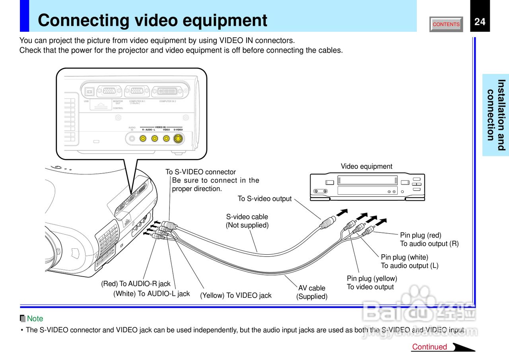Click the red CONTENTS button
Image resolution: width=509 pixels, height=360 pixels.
pos(446,24)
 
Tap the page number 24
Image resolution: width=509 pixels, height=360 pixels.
pos(480,21)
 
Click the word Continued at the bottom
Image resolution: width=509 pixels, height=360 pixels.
pos(429,347)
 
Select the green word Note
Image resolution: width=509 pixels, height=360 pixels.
pos(35,319)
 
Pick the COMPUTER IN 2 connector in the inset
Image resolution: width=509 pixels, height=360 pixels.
pos(167,91)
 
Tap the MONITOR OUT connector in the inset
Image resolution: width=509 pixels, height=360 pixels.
pos(109,91)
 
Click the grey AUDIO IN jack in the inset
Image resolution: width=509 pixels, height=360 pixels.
pos(131,138)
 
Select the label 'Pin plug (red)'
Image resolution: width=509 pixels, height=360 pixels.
pos(420,235)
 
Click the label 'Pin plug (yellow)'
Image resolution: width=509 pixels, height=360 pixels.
pos(372,279)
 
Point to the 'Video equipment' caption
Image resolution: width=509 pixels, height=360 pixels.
pos(366,166)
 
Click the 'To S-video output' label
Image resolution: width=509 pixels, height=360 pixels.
pos(264,199)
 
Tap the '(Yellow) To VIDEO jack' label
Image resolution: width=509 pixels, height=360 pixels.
pos(235,295)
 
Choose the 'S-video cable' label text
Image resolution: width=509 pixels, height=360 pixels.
pos(247,217)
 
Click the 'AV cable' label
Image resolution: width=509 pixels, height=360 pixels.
pos(312,288)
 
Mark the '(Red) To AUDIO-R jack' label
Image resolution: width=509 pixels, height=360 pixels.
pos(136,284)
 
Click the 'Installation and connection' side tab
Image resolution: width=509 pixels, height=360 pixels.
pos(496,115)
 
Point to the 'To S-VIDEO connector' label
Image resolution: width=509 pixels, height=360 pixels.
pos(200,172)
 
